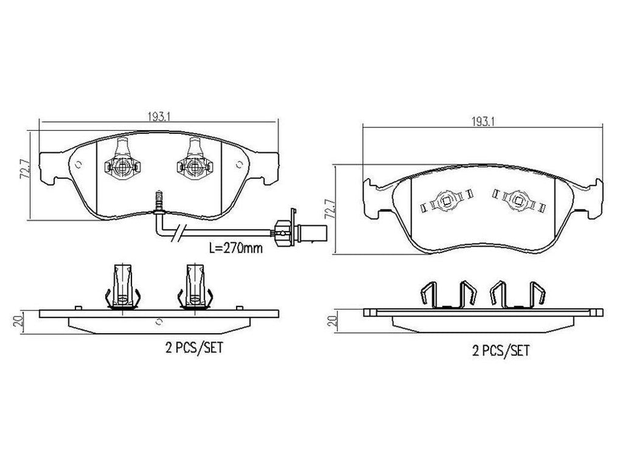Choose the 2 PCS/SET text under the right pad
501,350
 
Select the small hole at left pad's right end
240,163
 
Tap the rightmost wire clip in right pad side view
537,293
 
